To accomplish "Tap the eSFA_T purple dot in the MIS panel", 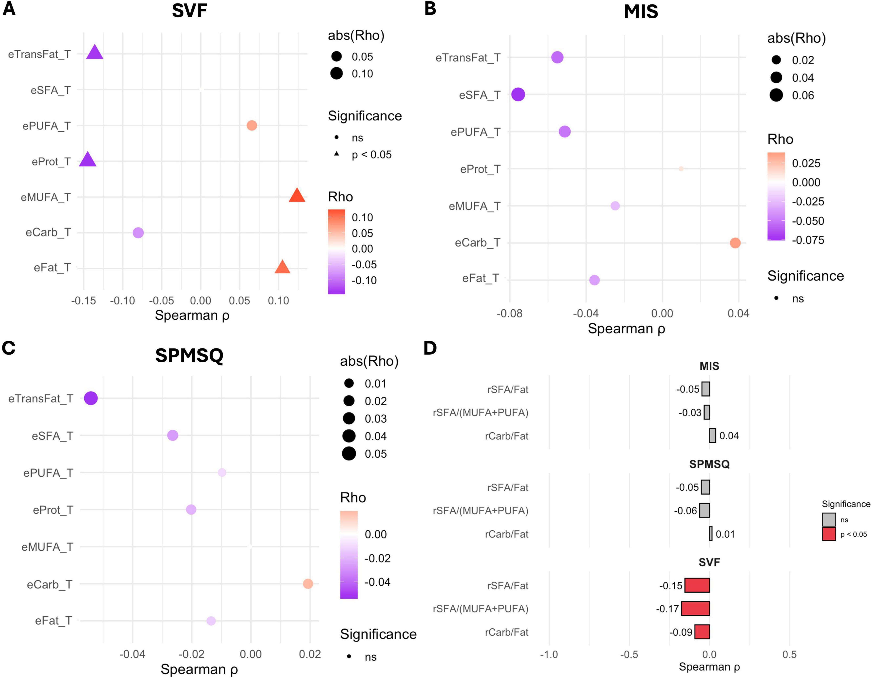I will point(518,95).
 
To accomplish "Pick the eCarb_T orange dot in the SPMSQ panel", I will point(308,584).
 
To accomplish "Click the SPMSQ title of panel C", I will point(189,355).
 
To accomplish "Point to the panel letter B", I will point(430,9).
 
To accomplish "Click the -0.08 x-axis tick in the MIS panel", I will point(509,314).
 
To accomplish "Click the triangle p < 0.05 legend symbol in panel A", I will point(337,154).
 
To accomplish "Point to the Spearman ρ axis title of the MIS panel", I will point(626,329).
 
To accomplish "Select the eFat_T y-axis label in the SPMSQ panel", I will point(54,621).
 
